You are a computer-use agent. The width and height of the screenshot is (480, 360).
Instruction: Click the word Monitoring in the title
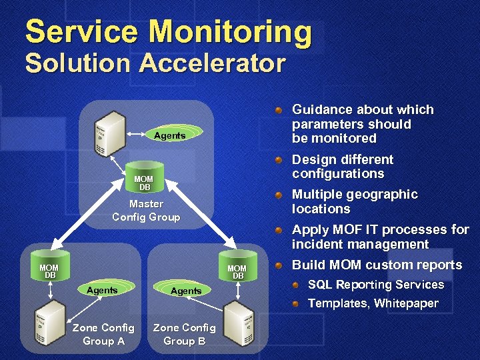[x=230, y=33]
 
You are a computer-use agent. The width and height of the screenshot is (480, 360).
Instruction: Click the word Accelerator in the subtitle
[x=213, y=64]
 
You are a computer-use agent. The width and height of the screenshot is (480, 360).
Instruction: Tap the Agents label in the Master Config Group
[x=169, y=135]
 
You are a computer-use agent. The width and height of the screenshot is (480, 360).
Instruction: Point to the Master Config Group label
[x=146, y=210]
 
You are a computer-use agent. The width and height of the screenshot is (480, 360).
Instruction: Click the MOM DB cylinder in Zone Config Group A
[x=49, y=271]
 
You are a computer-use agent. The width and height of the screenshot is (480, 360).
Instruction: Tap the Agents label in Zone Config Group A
[x=102, y=290]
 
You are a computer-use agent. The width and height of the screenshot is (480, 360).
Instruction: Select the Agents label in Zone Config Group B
[x=186, y=291]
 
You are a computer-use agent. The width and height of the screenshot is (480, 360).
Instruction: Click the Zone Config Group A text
[x=103, y=334]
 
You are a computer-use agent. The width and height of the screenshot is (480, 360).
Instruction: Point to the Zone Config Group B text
[x=184, y=334]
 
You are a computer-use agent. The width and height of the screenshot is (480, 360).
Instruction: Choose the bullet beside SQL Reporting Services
[x=297, y=285]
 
